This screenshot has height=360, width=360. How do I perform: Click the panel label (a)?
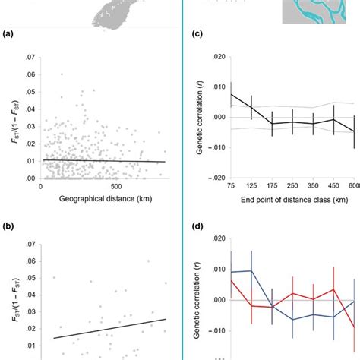click(x=9, y=34)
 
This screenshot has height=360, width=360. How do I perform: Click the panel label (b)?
click(x=9, y=226)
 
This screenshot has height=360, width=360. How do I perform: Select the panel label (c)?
click(x=196, y=34)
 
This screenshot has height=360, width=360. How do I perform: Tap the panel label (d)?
click(x=196, y=226)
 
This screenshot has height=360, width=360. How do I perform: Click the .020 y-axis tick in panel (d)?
click(x=214, y=239)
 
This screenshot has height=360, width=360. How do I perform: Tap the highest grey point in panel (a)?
click(x=62, y=74)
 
